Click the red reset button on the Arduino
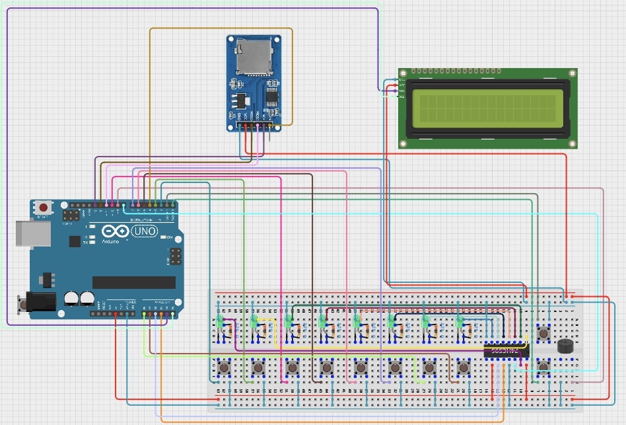coord(44,207)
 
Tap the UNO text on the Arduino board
coord(145,231)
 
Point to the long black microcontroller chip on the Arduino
coord(133,282)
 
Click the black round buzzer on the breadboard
coord(565,346)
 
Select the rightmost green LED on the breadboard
coord(460,322)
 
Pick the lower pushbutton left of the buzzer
coord(543,366)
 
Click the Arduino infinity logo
coord(114,232)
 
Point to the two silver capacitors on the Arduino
coord(79,298)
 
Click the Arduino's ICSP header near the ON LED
coord(176,254)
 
